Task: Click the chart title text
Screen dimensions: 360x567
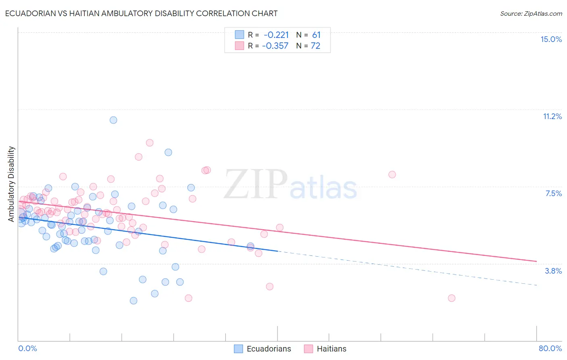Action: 141,13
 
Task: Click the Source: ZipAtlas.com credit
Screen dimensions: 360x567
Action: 531,13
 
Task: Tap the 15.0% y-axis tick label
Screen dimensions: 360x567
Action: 551,39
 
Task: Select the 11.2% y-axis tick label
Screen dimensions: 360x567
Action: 552,116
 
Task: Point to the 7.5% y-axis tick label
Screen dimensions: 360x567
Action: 553,193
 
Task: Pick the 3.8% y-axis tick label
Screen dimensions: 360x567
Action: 553,271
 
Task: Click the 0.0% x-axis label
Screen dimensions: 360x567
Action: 28,348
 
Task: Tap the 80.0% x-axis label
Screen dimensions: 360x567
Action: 550,348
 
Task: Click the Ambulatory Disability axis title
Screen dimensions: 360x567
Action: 11,184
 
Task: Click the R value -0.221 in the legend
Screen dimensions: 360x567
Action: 276,35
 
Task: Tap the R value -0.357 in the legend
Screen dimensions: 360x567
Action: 275,46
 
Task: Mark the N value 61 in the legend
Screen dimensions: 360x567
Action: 316,35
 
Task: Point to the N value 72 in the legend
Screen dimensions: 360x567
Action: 315,46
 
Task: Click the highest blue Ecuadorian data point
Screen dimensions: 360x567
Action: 113,120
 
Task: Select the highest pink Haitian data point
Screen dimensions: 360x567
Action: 150,142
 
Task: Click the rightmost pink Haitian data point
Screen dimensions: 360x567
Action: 452,298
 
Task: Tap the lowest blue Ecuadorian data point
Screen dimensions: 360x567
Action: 133,301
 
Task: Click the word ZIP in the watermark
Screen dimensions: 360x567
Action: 256,185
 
